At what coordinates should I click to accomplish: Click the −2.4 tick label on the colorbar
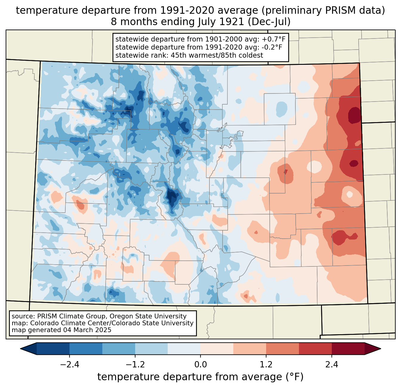[70, 365]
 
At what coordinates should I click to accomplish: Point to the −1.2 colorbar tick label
[135, 365]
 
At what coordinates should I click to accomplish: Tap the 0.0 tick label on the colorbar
[200, 365]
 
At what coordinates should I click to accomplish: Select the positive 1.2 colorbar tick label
[266, 365]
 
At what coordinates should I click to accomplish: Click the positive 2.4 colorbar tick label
[332, 365]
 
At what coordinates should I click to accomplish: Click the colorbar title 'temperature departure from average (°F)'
[200, 377]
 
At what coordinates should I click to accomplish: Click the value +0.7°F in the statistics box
[274, 39]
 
